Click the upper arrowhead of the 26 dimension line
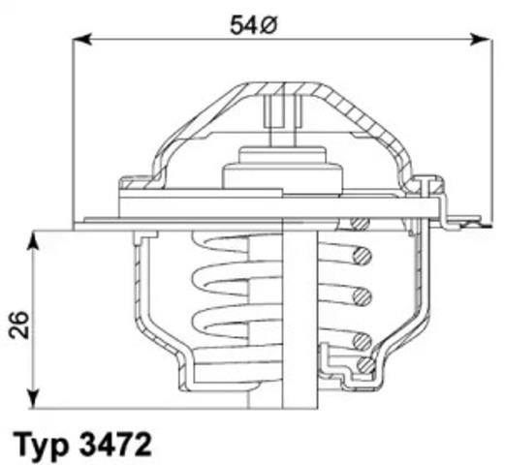35,237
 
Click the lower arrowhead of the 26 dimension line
35,398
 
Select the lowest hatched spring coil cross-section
364,365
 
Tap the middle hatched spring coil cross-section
363,293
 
